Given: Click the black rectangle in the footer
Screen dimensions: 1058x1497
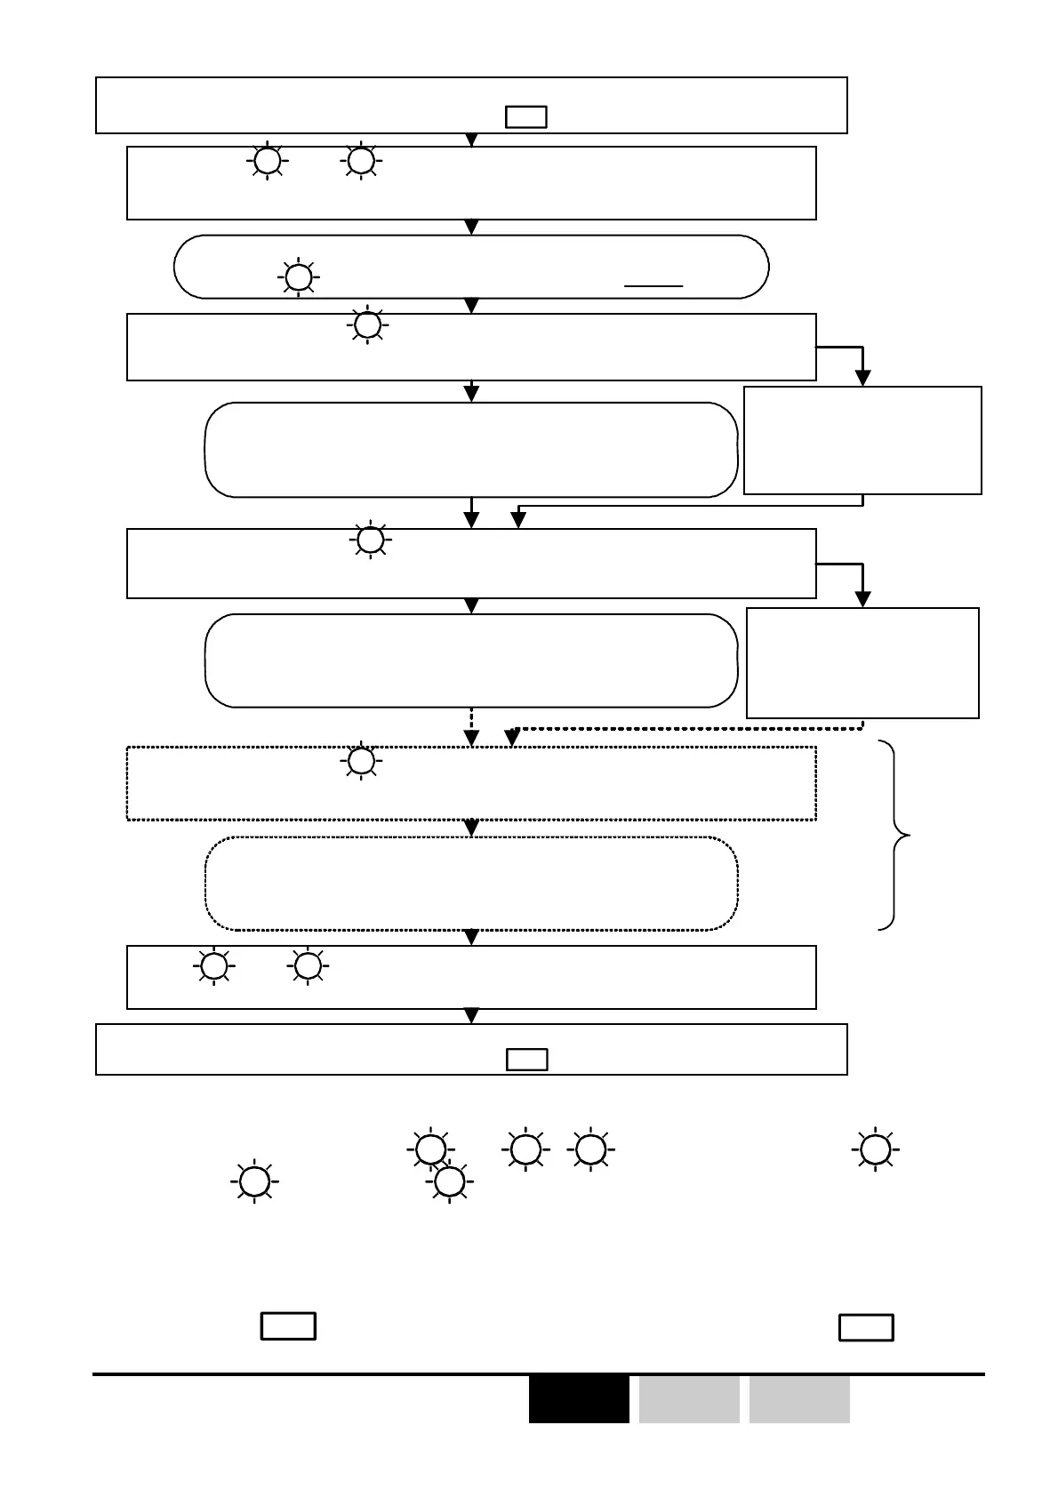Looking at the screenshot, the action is [578, 1398].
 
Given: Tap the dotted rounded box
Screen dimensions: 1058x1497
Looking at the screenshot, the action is [471, 883].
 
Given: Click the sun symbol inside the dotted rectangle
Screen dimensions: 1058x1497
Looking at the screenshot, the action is [361, 761].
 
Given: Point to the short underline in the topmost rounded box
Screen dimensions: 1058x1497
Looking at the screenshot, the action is [653, 286].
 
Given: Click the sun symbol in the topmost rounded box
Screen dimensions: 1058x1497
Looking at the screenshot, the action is [299, 277].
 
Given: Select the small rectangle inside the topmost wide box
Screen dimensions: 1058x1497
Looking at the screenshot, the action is [525, 117].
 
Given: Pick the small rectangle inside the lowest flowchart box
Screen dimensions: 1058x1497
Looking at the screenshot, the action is [526, 1060].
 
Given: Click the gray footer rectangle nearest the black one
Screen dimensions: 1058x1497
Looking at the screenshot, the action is [688, 1398].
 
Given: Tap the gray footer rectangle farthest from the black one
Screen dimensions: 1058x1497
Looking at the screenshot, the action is [798, 1398].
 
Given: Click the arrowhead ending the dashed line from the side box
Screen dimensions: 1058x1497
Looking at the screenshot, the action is [512, 737].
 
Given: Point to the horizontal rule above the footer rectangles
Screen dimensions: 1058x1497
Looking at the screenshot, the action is [539, 1374].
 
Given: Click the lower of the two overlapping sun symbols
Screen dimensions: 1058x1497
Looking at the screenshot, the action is [450, 1181].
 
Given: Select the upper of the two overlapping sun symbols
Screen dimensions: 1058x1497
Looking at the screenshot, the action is [430, 1149].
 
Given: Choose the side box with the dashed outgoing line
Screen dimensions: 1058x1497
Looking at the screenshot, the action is [862, 662].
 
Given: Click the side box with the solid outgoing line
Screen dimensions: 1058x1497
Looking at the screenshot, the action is [862, 440].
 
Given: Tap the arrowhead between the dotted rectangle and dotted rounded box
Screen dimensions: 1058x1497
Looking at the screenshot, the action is [472, 828].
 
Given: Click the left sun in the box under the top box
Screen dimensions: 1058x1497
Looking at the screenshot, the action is [267, 161].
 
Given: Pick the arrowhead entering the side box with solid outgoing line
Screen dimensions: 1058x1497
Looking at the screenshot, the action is [862, 378].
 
